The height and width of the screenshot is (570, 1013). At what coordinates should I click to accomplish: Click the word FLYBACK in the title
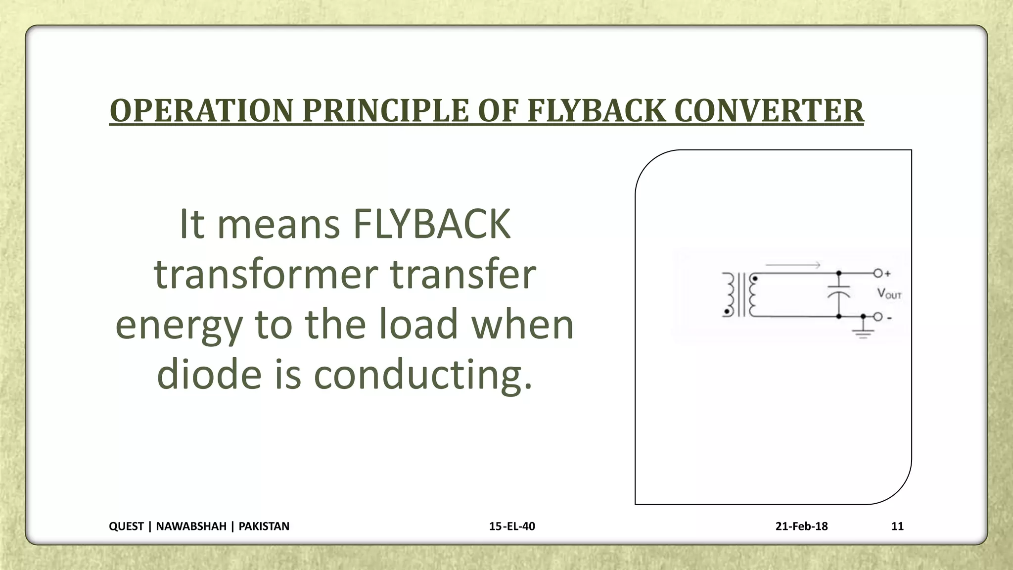(x=596, y=110)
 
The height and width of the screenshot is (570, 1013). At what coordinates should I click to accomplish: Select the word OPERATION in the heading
(x=201, y=110)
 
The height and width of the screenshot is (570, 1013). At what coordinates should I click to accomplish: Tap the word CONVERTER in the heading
(x=769, y=110)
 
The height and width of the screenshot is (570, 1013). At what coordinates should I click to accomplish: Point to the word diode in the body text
(x=209, y=374)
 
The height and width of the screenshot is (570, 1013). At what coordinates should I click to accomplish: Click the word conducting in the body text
(x=423, y=374)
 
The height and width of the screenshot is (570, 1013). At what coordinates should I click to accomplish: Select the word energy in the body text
(x=179, y=325)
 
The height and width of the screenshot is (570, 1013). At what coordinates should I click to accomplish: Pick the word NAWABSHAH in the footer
(x=191, y=526)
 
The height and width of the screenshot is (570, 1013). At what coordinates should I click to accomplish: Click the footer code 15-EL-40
(x=512, y=526)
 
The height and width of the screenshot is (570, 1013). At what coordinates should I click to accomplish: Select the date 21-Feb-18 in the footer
(x=801, y=526)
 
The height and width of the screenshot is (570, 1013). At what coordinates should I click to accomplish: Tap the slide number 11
(x=897, y=526)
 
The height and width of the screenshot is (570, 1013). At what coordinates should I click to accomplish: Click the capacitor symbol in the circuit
(x=839, y=291)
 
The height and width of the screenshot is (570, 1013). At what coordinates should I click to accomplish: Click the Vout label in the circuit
(x=889, y=294)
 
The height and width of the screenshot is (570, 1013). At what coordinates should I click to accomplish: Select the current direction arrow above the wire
(x=793, y=265)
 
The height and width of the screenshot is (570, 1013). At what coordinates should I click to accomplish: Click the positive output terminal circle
(x=878, y=273)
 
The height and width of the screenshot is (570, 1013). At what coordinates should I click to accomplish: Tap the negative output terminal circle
(x=878, y=317)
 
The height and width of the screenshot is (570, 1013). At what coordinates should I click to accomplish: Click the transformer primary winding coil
(x=729, y=294)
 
